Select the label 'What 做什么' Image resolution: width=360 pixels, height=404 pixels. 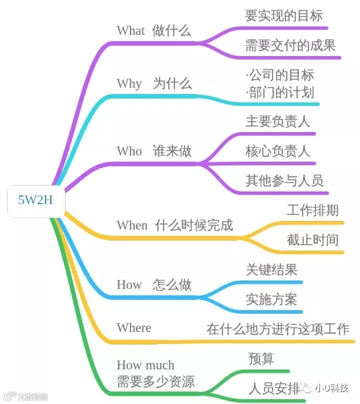(x=153, y=30)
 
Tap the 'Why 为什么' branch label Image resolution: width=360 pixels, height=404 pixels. (x=153, y=83)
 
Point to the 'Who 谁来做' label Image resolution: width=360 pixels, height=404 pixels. (x=153, y=151)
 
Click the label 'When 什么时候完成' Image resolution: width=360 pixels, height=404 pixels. (x=174, y=225)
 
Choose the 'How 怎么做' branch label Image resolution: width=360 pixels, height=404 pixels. (x=153, y=285)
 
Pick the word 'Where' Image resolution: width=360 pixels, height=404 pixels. (x=133, y=328)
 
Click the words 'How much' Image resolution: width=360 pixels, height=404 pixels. (x=145, y=365)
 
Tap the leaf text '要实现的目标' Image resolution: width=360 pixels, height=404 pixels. (x=283, y=16)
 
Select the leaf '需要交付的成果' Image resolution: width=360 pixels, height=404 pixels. (x=290, y=46)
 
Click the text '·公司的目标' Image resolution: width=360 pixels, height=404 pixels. (x=280, y=75)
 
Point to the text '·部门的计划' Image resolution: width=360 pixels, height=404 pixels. (x=280, y=92)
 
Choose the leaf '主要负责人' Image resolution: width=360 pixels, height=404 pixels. (x=278, y=121)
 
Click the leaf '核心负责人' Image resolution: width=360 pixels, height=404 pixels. (x=278, y=151)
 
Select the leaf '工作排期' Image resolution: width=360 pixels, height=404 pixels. (x=312, y=210)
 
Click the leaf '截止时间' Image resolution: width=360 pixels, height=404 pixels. (x=312, y=240)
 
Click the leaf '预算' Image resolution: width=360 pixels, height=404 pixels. (x=261, y=359)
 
